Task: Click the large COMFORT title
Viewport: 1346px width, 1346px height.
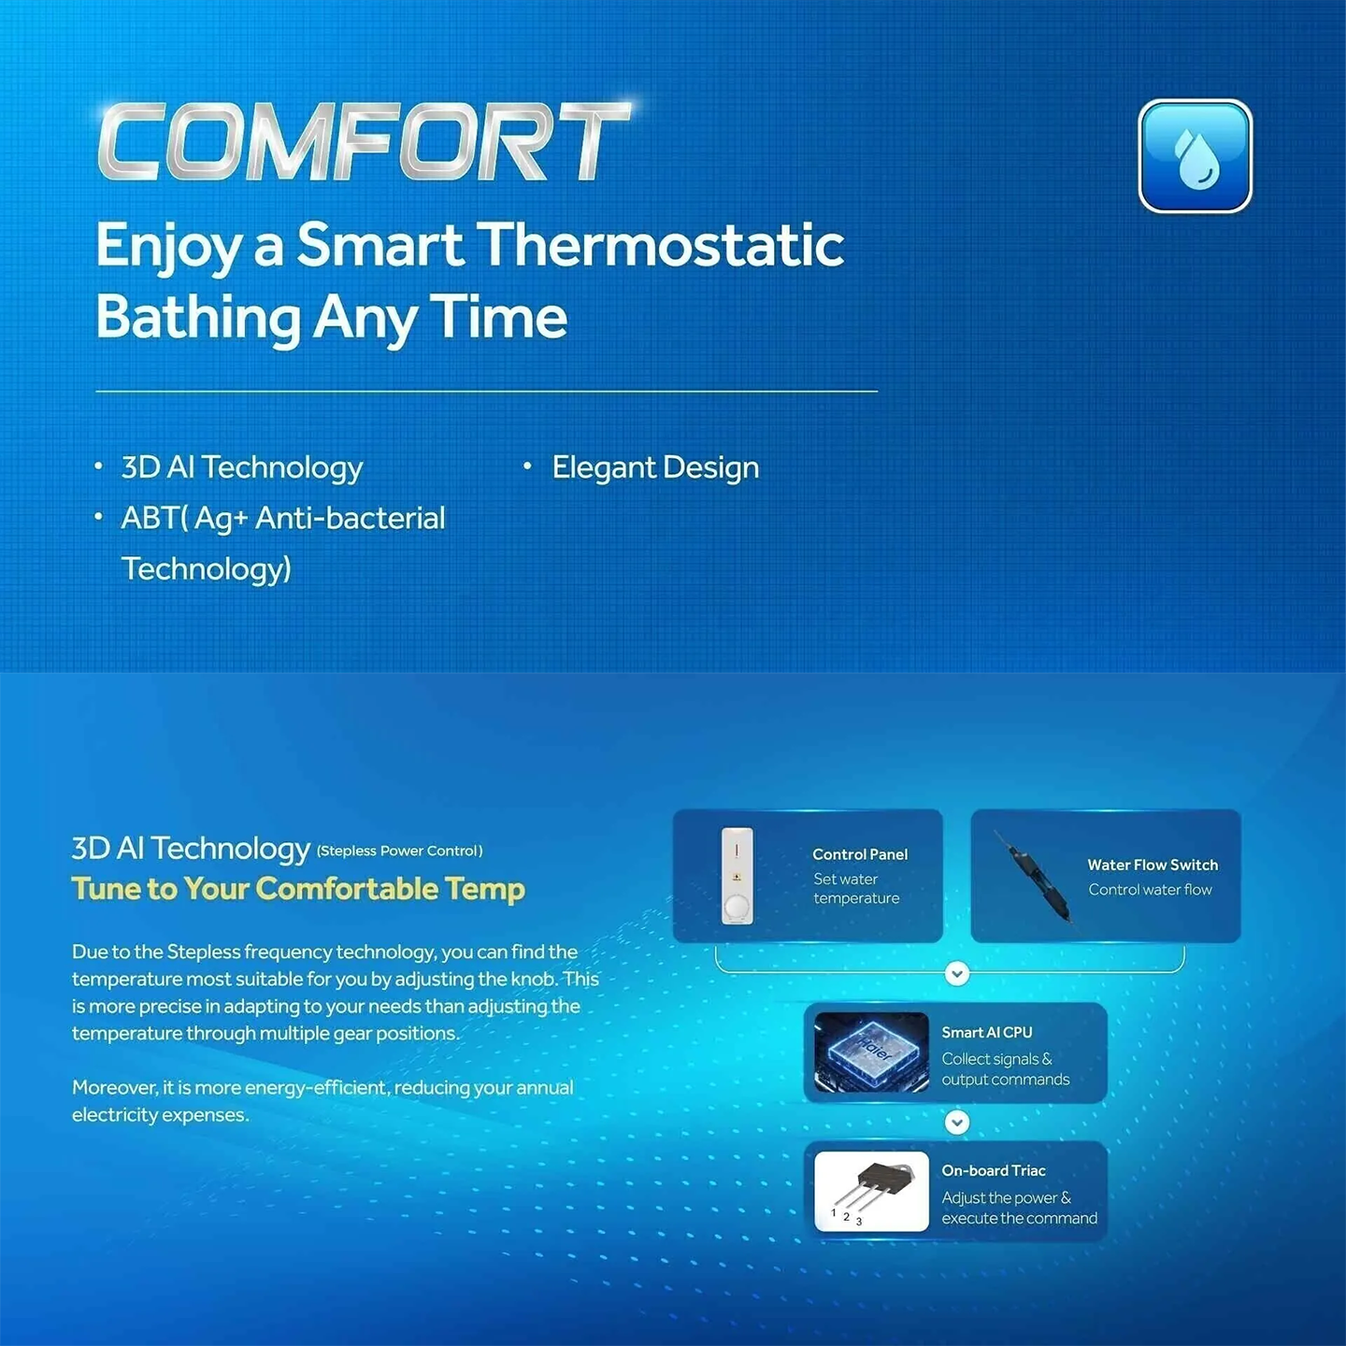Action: tap(364, 142)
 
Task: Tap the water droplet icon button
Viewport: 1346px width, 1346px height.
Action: tap(1196, 156)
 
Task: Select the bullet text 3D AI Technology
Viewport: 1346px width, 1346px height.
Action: tap(242, 467)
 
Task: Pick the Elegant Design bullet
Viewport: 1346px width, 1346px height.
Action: tap(655, 467)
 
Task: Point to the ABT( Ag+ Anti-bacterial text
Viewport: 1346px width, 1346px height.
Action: tap(283, 518)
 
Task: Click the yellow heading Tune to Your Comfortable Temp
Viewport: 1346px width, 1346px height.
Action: tap(298, 889)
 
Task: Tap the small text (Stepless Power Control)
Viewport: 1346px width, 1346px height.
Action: tap(399, 851)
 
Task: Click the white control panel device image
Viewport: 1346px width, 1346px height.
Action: tap(737, 876)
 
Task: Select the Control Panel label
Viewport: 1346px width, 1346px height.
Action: tap(860, 854)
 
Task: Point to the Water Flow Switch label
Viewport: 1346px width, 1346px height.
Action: tap(1153, 865)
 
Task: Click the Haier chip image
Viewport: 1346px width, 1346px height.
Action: tap(872, 1052)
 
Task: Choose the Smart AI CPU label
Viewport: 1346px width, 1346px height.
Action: tap(986, 1032)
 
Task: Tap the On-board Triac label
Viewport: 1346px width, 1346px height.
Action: tap(994, 1170)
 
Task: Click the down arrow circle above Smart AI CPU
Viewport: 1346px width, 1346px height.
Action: tap(957, 973)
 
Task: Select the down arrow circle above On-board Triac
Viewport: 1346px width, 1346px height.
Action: tap(957, 1123)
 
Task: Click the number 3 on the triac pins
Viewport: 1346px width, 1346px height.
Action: tap(859, 1222)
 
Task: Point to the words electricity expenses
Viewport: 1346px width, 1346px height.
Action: tap(161, 1115)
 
